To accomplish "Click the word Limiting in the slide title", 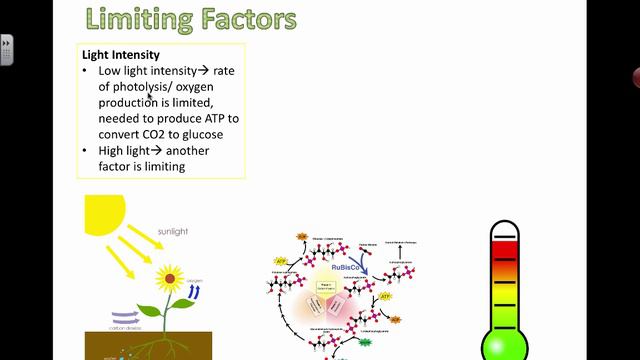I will coord(132,18).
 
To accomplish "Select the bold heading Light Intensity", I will coord(121,55).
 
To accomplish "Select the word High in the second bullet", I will coord(114,151).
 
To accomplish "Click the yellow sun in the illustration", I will coord(104,214).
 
